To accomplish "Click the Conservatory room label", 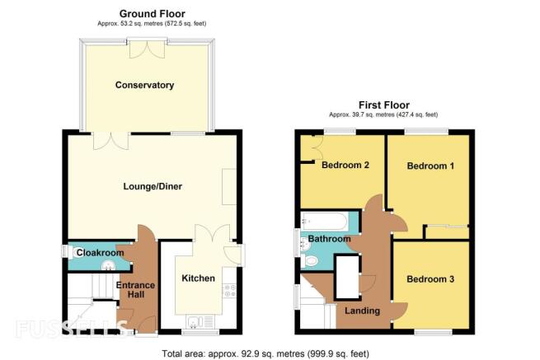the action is (144, 85).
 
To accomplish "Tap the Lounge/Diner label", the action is (153, 186).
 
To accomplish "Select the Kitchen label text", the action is (198, 278).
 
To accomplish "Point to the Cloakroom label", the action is (100, 253).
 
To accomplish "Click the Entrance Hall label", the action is (135, 290).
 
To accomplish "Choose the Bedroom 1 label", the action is (430, 166).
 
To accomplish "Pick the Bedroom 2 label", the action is (345, 165).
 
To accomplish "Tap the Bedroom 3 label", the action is (430, 278).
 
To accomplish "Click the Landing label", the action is (362, 311).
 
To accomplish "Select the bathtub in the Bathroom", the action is (325, 221).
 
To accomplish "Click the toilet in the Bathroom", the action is (309, 261).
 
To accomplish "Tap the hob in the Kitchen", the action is (229, 290).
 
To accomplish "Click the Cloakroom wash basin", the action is (109, 264).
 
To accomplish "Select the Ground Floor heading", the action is (153, 14).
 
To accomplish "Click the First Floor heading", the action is (384, 105).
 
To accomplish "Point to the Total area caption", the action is (265, 353).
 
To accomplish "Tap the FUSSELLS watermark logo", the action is (71, 328).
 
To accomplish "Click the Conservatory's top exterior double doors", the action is (147, 48).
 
